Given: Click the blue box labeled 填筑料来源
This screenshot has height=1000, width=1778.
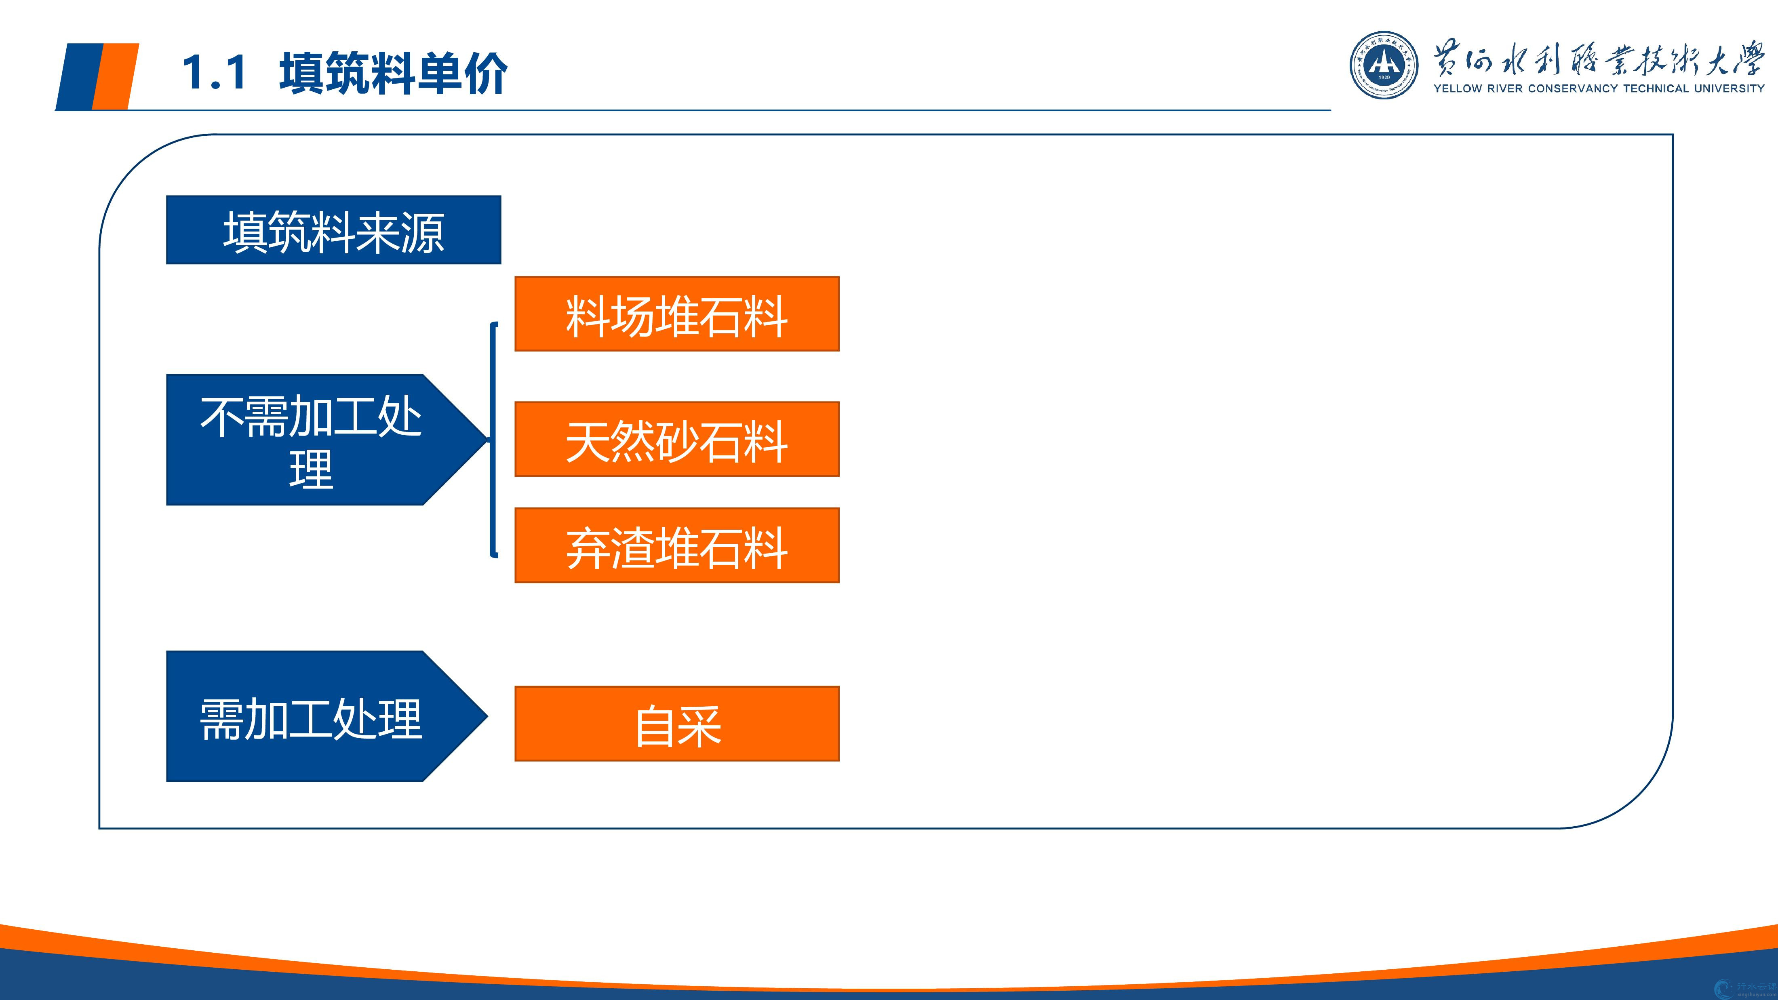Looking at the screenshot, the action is coord(333,230).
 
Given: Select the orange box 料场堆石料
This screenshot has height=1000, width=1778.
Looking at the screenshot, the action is coord(676,314).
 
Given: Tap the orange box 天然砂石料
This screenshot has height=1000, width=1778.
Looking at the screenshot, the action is coord(676,439).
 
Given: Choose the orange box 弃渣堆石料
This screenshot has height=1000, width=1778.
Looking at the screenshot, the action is coord(676,545).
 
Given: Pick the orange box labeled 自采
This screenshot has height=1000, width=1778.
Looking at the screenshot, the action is coord(676,723).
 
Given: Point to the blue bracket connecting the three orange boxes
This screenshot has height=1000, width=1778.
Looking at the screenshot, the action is coord(493,439).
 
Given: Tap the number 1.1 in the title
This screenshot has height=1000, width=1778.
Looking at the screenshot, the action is coord(215,72).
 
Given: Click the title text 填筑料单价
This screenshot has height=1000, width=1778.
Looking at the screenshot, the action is coord(394,72).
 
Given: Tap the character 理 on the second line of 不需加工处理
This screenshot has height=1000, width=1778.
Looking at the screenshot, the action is coord(311,470).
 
